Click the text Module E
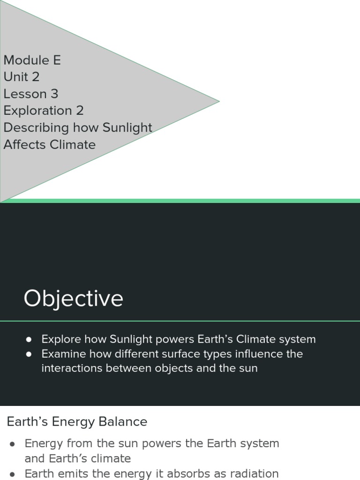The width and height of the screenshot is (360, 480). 32,60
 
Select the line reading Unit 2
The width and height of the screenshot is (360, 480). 21,77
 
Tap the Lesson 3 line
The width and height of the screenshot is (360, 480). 31,94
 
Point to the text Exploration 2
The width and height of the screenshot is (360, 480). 44,111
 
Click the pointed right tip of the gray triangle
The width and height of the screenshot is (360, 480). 218,101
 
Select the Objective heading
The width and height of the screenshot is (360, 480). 74,299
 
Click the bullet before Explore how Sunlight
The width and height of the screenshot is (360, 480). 29,339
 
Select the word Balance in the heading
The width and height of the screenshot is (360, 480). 126,422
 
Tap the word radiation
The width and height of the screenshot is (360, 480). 253,474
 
